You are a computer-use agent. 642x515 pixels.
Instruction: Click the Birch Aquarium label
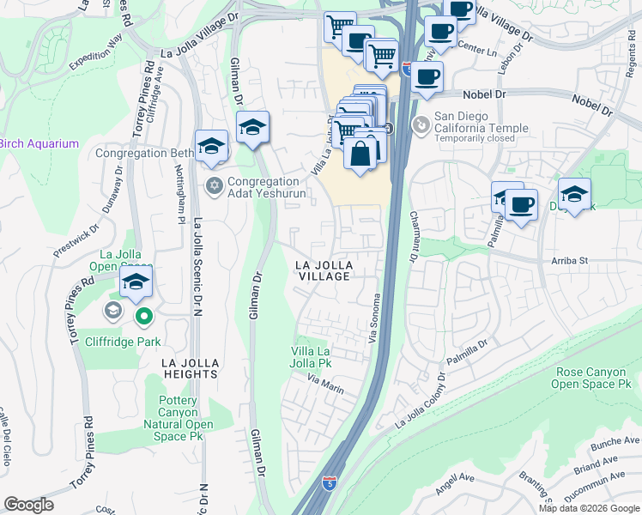[x=39, y=143]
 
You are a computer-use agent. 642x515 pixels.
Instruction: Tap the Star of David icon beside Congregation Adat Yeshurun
[x=214, y=185]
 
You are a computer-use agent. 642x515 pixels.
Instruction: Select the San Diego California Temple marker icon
[x=421, y=126]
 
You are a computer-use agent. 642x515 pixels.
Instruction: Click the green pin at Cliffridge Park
[x=144, y=318]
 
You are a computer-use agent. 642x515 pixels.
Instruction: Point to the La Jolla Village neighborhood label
[x=324, y=270]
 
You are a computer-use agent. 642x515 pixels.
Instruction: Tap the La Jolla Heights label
[x=189, y=368]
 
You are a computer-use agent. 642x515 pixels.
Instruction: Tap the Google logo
[x=29, y=505]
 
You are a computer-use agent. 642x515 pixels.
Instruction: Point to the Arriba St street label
[x=566, y=260]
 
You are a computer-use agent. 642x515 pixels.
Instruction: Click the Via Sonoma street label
[x=375, y=319]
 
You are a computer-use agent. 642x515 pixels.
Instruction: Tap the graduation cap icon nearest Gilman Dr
[x=253, y=128]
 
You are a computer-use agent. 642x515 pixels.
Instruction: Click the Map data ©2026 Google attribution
[x=588, y=508]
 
